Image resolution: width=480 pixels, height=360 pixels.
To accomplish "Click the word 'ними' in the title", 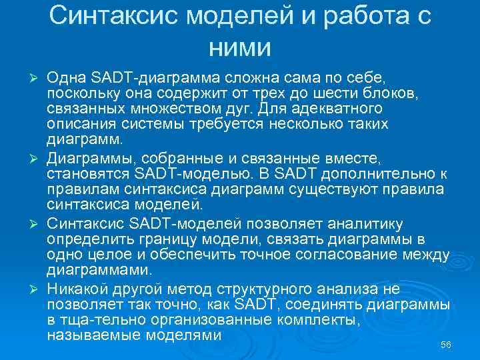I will tap(239, 47).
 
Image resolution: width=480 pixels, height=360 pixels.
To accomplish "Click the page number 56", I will tap(446, 344).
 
